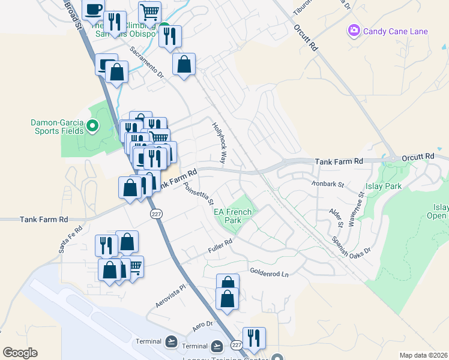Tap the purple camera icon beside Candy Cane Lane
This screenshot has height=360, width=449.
(x=354, y=30)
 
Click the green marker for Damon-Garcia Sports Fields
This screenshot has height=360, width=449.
(x=92, y=126)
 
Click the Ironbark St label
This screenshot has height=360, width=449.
(x=327, y=184)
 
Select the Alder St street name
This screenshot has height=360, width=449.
(x=335, y=217)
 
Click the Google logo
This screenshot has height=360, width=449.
(x=20, y=353)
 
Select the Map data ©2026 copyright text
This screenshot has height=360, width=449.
(x=423, y=355)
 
